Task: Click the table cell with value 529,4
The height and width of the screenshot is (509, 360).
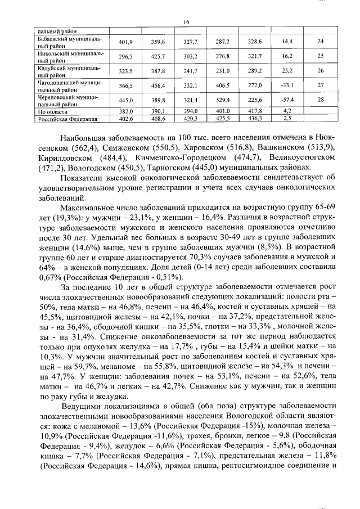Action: click(x=224, y=100)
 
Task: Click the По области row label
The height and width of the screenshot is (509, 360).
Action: click(x=50, y=111)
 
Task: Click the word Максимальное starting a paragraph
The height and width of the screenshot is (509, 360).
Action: click(x=89, y=207)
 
